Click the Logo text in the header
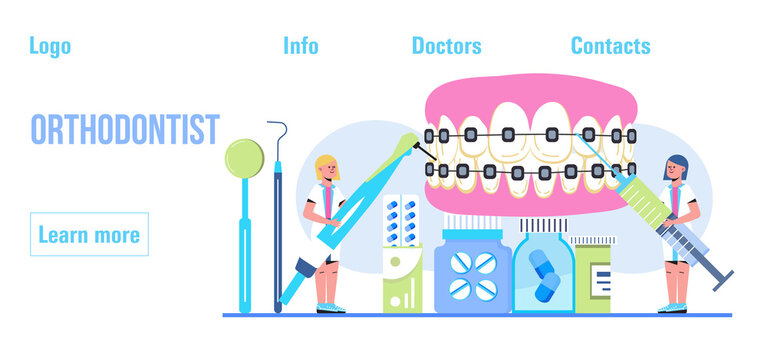[50, 45]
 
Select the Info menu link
[301, 45]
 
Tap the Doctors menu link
[446, 45]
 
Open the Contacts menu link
[610, 45]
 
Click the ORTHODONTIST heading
[125, 130]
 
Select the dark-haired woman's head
[675, 167]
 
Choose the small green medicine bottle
[592, 281]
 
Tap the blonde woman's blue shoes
[331, 308]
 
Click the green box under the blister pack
[402, 284]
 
